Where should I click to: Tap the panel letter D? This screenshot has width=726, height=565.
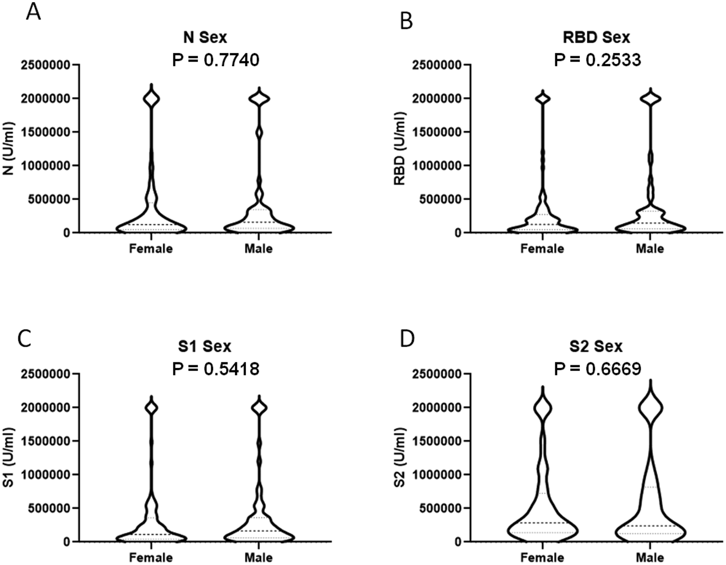pyautogui.click(x=407, y=339)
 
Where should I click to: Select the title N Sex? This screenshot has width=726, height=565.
pyautogui.click(x=205, y=38)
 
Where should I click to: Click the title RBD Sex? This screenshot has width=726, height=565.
pyautogui.click(x=596, y=38)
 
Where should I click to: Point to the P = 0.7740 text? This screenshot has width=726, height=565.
pyautogui.click(x=215, y=60)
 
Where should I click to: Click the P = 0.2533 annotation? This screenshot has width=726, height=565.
pyautogui.click(x=597, y=60)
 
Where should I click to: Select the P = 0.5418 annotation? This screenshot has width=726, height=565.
pyautogui.click(x=215, y=369)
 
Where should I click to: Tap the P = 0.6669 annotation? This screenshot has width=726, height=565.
pyautogui.click(x=597, y=369)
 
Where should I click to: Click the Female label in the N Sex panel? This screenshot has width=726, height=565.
pyautogui.click(x=151, y=248)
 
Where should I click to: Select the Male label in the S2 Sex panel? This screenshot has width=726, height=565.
pyautogui.click(x=650, y=558)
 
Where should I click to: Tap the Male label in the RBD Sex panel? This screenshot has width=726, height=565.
pyautogui.click(x=650, y=248)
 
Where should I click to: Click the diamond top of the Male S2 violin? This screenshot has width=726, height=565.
pyautogui.click(x=651, y=408)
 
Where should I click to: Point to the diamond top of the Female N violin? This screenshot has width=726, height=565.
pyautogui.click(x=151, y=98)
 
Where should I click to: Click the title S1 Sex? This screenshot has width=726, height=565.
pyautogui.click(x=205, y=346)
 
